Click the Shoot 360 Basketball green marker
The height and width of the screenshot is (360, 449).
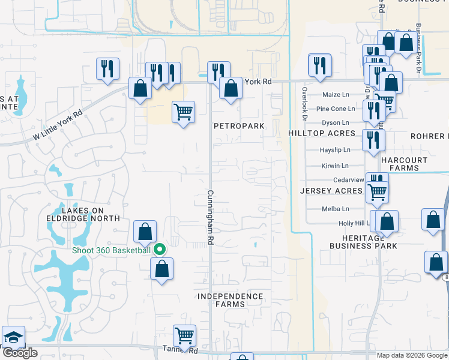(x=160, y=250)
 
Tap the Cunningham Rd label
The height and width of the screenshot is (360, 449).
(x=211, y=217)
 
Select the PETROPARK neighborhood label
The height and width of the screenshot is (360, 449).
(x=240, y=127)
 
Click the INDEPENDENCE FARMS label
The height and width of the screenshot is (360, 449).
(x=231, y=300)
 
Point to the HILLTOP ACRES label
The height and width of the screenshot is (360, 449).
(x=321, y=133)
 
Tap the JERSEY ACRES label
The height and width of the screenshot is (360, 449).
(x=331, y=191)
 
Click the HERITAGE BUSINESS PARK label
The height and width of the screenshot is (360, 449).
(x=363, y=242)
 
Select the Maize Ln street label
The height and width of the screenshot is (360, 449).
(x=336, y=95)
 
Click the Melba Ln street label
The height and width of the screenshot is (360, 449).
(x=336, y=209)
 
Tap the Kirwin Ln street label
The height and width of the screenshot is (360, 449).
(x=336, y=166)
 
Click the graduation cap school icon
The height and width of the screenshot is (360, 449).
(x=13, y=338)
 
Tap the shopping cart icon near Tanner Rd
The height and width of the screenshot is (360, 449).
(x=184, y=335)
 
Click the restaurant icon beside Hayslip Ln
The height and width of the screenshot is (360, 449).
(x=374, y=140)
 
